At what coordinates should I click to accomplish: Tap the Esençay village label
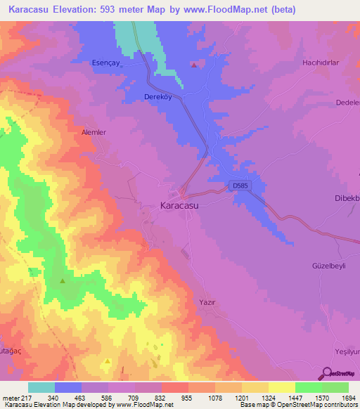(108, 63)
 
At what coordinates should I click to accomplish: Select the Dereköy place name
(157, 97)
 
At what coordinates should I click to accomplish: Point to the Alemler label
(94, 132)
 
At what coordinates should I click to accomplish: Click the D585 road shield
(239, 186)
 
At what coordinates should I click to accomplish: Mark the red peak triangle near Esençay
(193, 65)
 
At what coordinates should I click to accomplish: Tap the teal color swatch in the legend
(41, 387)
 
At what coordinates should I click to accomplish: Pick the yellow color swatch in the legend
(281, 387)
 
